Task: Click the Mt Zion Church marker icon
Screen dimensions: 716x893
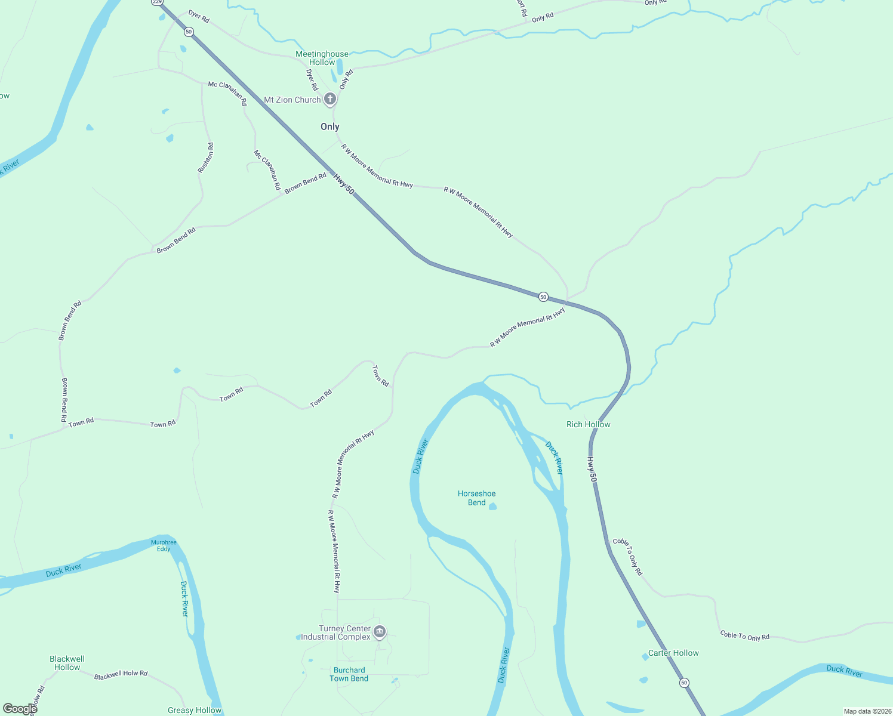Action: click(x=330, y=99)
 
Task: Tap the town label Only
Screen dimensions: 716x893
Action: click(x=330, y=126)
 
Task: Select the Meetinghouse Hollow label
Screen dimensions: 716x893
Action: click(x=322, y=58)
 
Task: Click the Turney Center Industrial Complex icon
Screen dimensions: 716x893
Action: click(x=379, y=631)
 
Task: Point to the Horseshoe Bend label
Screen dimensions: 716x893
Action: click(x=476, y=498)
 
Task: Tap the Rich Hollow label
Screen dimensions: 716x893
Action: click(x=588, y=424)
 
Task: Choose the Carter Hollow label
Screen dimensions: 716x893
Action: click(x=673, y=653)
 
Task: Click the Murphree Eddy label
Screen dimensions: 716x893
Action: click(x=164, y=545)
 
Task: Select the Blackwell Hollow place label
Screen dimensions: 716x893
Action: click(x=67, y=663)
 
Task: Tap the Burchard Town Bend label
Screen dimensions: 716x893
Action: click(x=349, y=674)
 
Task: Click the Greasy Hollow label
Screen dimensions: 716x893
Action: click(x=195, y=710)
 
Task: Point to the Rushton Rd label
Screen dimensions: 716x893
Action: click(x=205, y=158)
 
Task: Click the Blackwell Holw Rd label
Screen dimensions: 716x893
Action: click(x=121, y=674)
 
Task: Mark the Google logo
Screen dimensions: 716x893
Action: click(x=20, y=709)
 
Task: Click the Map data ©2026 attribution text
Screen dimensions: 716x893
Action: click(x=866, y=711)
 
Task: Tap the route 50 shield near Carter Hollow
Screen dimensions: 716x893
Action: click(x=684, y=683)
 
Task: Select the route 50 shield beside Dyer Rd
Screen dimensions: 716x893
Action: click(x=189, y=32)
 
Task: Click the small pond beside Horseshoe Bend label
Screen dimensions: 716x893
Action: click(x=492, y=507)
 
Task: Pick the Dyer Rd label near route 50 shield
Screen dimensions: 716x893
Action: click(x=199, y=16)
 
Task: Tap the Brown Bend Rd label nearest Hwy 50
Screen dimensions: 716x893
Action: click(x=306, y=183)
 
